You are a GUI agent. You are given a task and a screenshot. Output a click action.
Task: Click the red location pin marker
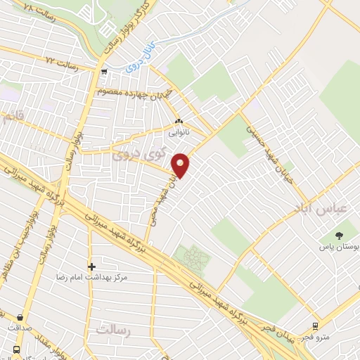tap(181, 165)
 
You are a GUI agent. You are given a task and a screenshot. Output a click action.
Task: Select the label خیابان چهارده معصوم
tap(134, 96)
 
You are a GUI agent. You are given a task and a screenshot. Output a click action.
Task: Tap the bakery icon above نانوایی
tap(178, 120)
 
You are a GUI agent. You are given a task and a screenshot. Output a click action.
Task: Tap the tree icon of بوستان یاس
tap(341, 235)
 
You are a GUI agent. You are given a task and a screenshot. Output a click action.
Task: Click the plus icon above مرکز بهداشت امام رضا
tap(91, 266)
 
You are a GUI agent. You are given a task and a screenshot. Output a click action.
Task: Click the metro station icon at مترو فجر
tap(314, 326)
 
